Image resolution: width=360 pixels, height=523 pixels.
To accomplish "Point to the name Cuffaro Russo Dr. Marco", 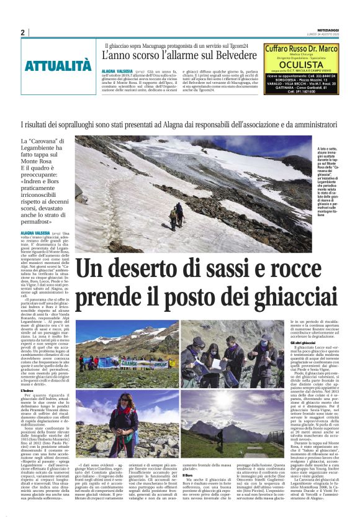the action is pos(301,48).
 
